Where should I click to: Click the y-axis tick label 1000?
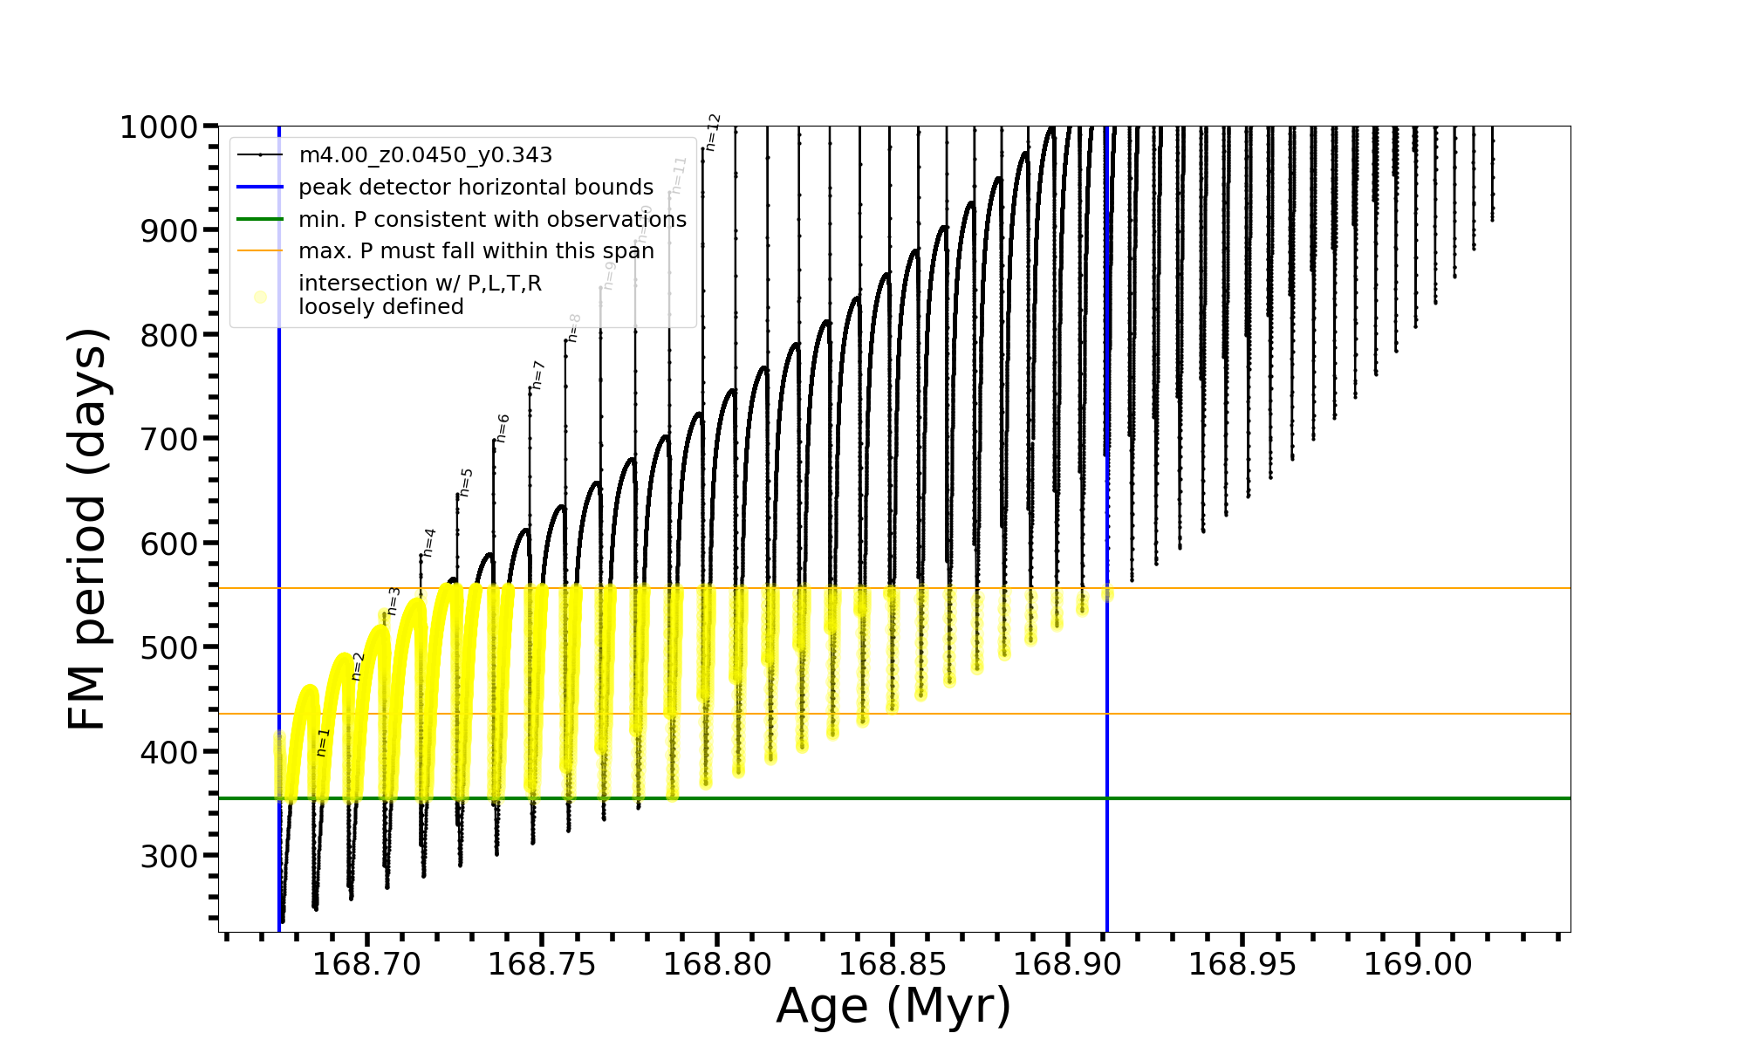pos(159,127)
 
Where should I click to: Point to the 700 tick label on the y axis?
pos(169,439)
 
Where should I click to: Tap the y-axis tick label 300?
pos(169,856)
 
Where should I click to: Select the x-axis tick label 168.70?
pos(366,964)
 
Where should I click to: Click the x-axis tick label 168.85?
pos(892,964)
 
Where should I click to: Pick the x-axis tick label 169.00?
pos(1417,964)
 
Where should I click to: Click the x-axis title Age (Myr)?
pos(893,1006)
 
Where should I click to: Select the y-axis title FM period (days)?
pos(88,529)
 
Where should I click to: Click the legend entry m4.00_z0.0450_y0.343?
pos(425,155)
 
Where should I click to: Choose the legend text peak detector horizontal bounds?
pos(476,188)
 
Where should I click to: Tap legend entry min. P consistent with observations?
pos(492,220)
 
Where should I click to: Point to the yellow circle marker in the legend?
pos(260,297)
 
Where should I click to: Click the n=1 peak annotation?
pos(323,742)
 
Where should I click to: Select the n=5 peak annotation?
pos(466,482)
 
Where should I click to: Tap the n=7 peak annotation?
pos(538,375)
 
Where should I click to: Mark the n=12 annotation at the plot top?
pos(713,132)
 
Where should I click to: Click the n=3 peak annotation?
pos(393,601)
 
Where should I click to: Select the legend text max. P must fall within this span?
pos(476,251)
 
